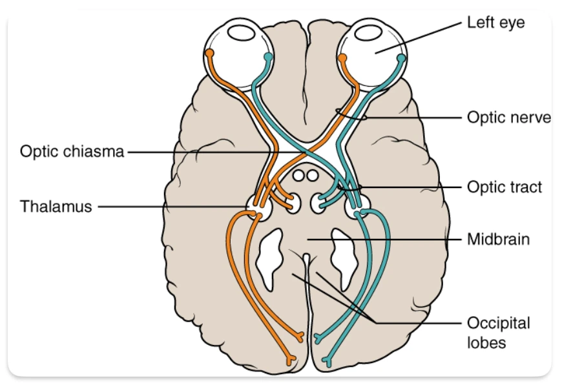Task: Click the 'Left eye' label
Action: (x=495, y=23)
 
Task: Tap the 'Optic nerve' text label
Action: (x=508, y=118)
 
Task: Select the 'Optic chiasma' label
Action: (x=71, y=152)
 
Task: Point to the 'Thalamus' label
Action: (x=56, y=207)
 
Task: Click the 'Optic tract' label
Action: (x=505, y=187)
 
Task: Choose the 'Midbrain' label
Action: (x=498, y=240)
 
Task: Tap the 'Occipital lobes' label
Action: (x=497, y=332)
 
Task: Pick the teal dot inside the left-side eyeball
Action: (x=268, y=58)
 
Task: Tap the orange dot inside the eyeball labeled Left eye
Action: (x=343, y=58)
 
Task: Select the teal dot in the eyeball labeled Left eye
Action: (x=401, y=58)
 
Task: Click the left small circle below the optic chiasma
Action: (x=298, y=175)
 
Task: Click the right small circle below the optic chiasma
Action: (x=312, y=175)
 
